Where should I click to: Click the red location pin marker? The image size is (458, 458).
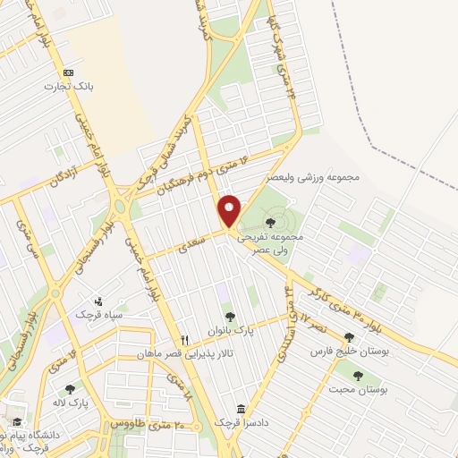point(230,209)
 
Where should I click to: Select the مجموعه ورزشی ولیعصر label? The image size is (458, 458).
point(320,177)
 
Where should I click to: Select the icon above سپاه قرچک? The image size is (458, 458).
point(99,301)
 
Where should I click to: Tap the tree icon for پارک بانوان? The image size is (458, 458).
point(231,316)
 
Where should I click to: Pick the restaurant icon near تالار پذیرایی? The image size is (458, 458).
point(184,339)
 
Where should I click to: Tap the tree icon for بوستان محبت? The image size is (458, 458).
point(358,376)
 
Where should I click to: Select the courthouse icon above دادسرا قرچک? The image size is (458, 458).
point(239,407)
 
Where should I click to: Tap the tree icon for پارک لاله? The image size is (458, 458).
point(70,389)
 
